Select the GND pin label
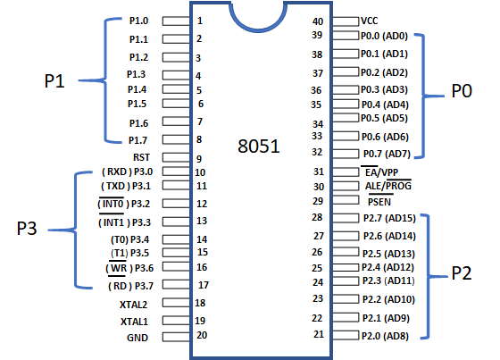(137, 338)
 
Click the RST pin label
(140, 157)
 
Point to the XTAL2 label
(134, 305)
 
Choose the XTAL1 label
(134, 321)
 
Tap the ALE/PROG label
(386, 187)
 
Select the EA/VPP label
(379, 171)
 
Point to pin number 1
(199, 20)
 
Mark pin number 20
(202, 335)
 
